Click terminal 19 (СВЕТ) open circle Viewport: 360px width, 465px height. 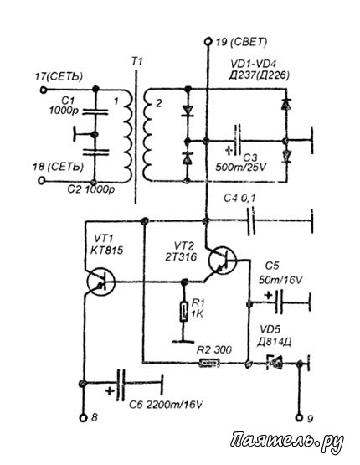click(x=208, y=42)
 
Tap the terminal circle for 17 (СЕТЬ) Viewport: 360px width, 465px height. click(x=44, y=90)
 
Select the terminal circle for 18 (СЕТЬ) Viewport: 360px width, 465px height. click(x=43, y=181)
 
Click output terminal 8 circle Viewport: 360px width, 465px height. click(x=83, y=418)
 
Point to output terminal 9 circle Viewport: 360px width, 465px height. click(x=299, y=418)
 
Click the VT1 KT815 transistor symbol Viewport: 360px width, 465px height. click(x=101, y=282)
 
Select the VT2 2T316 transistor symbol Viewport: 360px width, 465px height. click(x=223, y=261)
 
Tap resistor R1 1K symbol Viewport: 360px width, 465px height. click(x=184, y=312)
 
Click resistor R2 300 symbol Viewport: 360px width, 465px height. click(x=209, y=363)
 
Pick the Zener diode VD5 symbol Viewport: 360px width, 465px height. click(x=274, y=362)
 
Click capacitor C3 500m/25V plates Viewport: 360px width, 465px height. click(x=237, y=141)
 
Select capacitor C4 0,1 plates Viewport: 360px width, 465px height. click(x=251, y=221)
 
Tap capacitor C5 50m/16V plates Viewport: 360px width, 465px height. click(x=279, y=302)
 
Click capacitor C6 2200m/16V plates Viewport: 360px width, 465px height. click(x=121, y=384)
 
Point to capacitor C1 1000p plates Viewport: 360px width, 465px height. click(x=95, y=111)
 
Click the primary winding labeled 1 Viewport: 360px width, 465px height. click(x=127, y=135)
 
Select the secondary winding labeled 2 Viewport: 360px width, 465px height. click(x=149, y=135)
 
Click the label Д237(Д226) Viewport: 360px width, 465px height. click(x=259, y=76)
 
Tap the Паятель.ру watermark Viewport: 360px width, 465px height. click(x=287, y=442)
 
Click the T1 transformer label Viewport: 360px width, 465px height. click(x=136, y=62)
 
